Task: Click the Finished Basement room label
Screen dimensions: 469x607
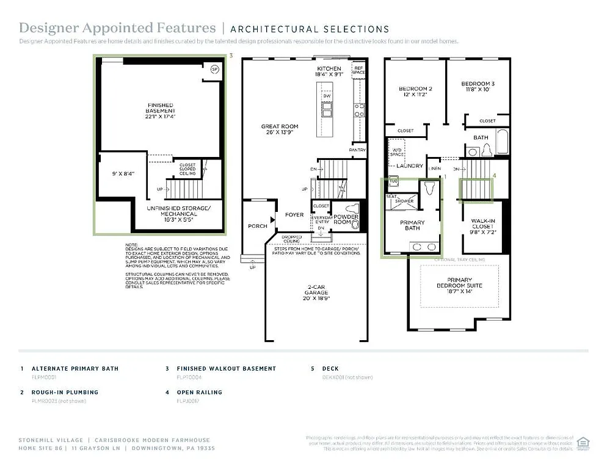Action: pyautogui.click(x=160, y=111)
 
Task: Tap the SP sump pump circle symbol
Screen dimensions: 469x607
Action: pyautogui.click(x=214, y=69)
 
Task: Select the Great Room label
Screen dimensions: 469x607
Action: pyautogui.click(x=280, y=129)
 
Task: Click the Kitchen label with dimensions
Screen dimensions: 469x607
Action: pyautogui.click(x=329, y=71)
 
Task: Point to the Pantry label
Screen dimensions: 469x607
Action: pyautogui.click(x=357, y=150)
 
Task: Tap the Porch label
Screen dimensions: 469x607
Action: pyautogui.click(x=258, y=226)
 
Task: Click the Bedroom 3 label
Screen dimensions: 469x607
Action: pyautogui.click(x=478, y=86)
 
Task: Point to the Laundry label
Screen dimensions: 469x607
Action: pyautogui.click(x=409, y=165)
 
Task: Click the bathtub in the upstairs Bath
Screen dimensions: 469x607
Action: pyautogui.click(x=502, y=142)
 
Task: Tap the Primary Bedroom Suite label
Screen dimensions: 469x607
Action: pyautogui.click(x=459, y=285)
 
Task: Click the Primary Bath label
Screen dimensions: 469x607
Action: pyautogui.click(x=412, y=226)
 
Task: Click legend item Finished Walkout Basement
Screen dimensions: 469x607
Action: pyautogui.click(x=226, y=369)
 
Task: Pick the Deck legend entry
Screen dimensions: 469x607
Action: pyautogui.click(x=330, y=369)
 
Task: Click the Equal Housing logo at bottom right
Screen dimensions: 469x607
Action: pyautogui.click(x=583, y=441)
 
